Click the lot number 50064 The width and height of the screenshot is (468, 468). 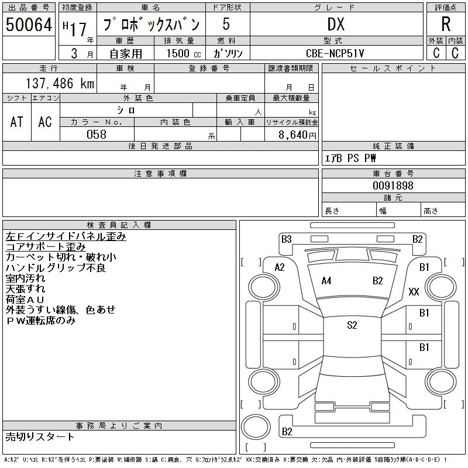pyautogui.click(x=29, y=25)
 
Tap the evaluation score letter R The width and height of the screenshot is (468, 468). pyautogui.click(x=446, y=24)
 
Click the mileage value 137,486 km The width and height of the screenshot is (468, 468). pyautogui.click(x=60, y=84)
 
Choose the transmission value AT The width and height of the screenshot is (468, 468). pyautogui.click(x=16, y=122)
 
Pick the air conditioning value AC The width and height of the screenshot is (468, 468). pyautogui.click(x=45, y=122)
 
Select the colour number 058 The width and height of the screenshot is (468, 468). pyautogui.click(x=97, y=135)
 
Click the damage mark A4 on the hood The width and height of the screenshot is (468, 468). pyautogui.click(x=326, y=281)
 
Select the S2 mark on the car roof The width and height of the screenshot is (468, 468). pyautogui.click(x=352, y=325)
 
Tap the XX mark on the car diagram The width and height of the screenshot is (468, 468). pyautogui.click(x=414, y=292)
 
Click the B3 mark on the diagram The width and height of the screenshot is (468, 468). pyautogui.click(x=286, y=239)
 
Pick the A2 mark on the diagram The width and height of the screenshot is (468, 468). pyautogui.click(x=280, y=267)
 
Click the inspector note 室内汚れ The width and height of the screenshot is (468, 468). pyautogui.click(x=25, y=278)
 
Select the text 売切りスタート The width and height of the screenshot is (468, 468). pyautogui.click(x=40, y=436)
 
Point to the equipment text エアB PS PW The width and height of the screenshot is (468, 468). pyautogui.click(x=350, y=158)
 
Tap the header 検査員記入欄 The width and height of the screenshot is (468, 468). pyautogui.click(x=119, y=225)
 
